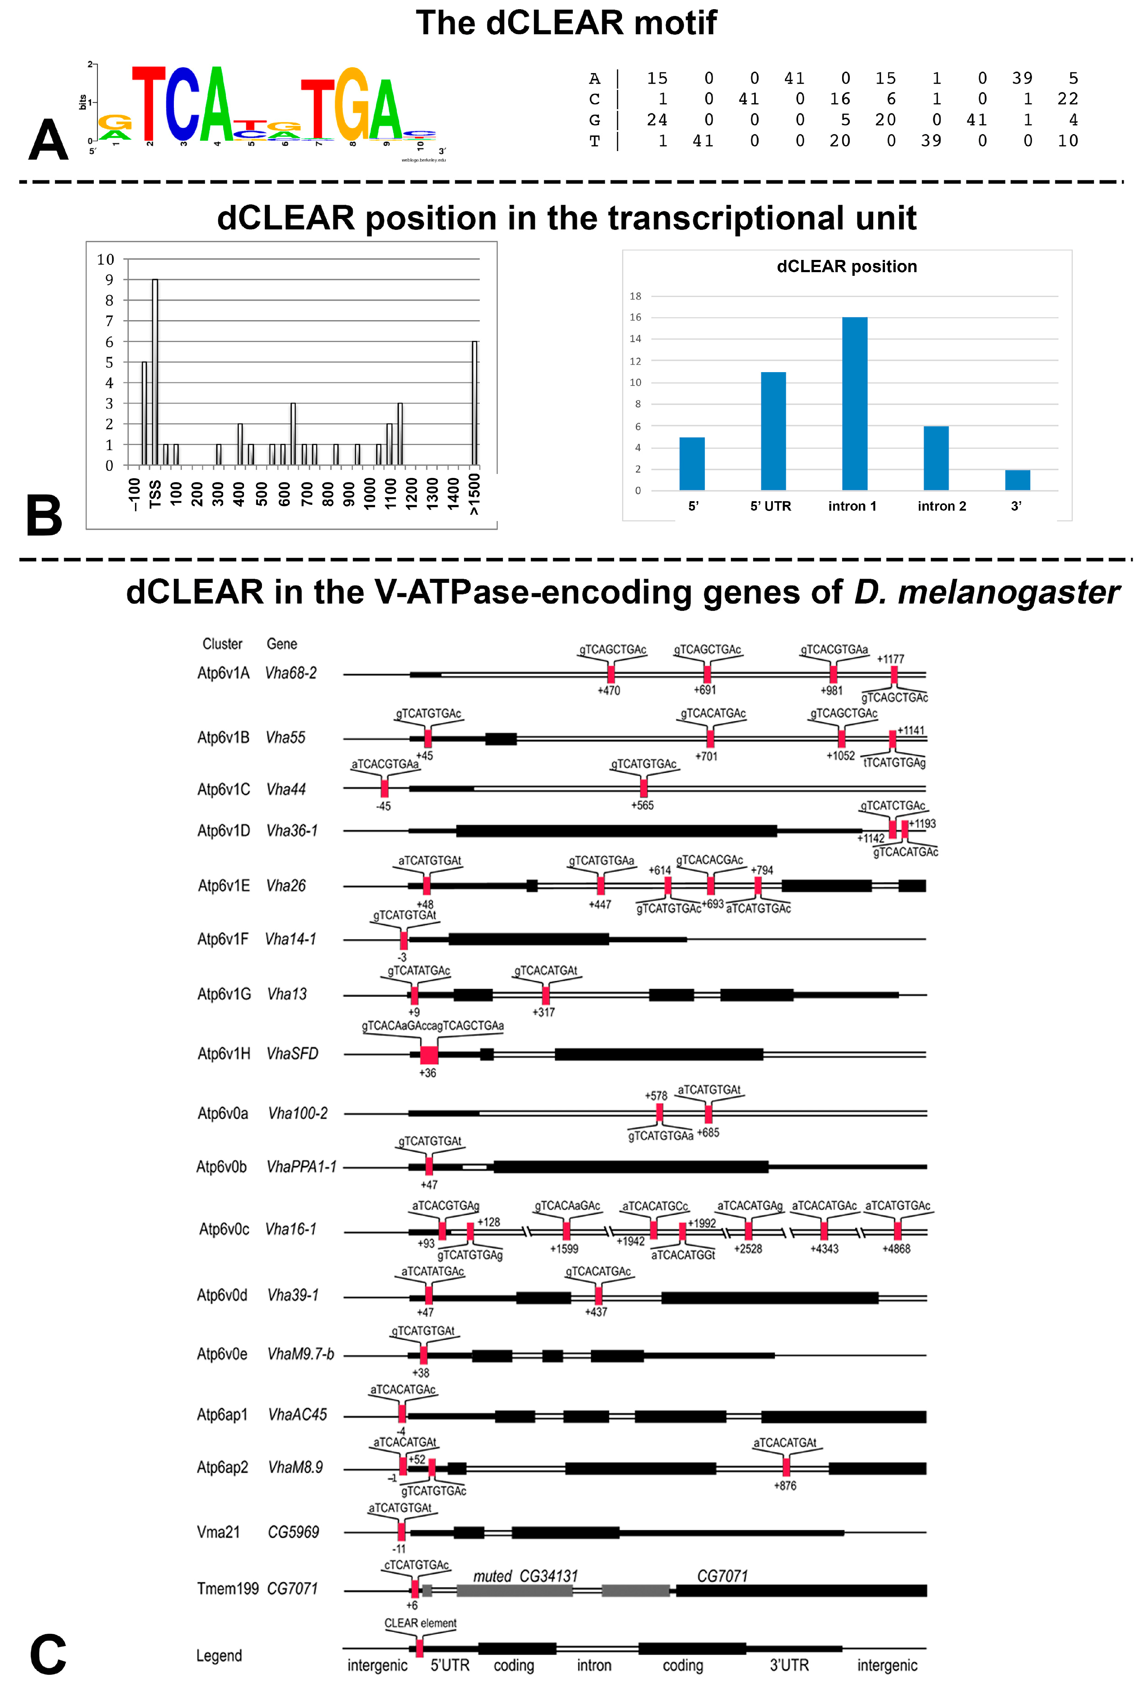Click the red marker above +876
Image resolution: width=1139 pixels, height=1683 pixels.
pyautogui.click(x=786, y=1467)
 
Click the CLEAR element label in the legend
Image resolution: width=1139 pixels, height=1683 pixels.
pyautogui.click(x=420, y=1623)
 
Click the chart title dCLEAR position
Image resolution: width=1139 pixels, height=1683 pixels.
pyautogui.click(x=846, y=267)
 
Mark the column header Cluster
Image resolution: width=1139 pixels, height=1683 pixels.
pyautogui.click(x=222, y=644)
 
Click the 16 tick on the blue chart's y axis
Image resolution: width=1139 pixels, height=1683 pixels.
pyautogui.click(x=635, y=317)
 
